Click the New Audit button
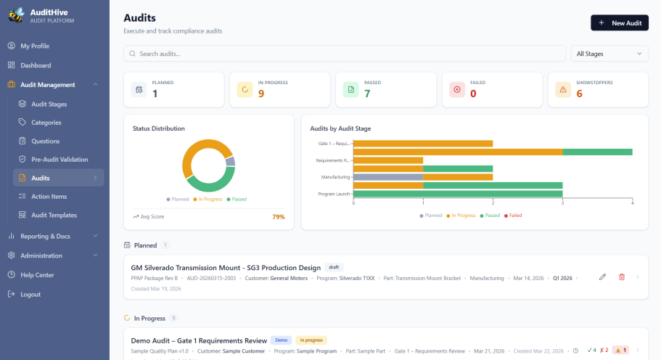point(619,23)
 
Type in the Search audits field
point(345,54)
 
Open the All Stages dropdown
point(609,54)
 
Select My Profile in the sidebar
point(35,46)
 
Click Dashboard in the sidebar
point(36,65)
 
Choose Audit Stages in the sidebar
point(49,104)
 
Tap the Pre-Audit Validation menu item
point(59,159)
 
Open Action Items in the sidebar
point(49,196)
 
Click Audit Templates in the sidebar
point(54,215)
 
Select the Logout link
point(30,294)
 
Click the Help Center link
point(37,275)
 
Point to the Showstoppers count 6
point(579,94)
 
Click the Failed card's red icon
point(456,89)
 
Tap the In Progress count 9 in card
point(261,94)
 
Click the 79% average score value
point(278,216)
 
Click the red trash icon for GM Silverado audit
point(621,277)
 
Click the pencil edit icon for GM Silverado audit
point(602,277)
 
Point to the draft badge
point(333,267)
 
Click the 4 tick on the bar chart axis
point(632,202)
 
